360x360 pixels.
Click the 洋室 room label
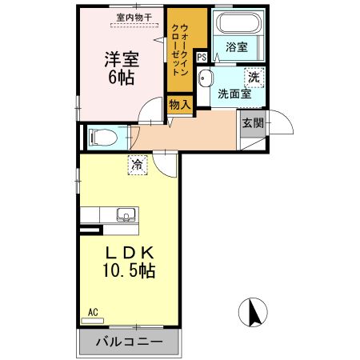point(122,59)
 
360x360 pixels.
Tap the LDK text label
point(130,253)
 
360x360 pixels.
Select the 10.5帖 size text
point(129,270)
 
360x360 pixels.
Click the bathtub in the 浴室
point(238,23)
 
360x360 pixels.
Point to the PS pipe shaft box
point(202,57)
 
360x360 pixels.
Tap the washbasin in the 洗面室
point(206,78)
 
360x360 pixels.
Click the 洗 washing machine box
point(254,78)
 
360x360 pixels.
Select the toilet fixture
point(102,138)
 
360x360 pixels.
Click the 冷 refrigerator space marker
point(138,165)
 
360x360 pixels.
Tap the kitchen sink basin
point(126,214)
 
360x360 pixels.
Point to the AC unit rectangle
point(92,321)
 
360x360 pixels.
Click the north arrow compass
point(253,312)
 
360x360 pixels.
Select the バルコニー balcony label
point(129,342)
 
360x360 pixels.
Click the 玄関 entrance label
point(253,123)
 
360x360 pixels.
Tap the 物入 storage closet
point(180,105)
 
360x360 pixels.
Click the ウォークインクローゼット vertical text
point(181,50)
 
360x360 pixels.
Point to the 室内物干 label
point(134,18)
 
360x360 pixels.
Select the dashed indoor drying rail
point(134,26)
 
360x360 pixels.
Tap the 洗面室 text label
point(234,94)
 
